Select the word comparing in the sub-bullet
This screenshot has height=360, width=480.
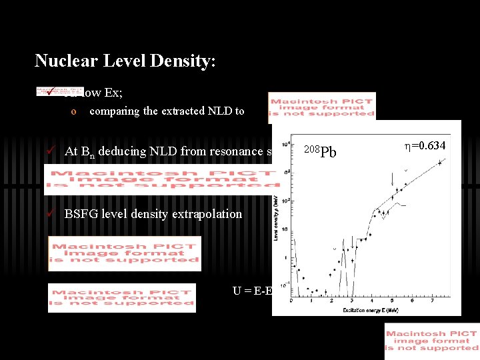click(x=114, y=111)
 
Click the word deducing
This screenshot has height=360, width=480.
click(x=122, y=151)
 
